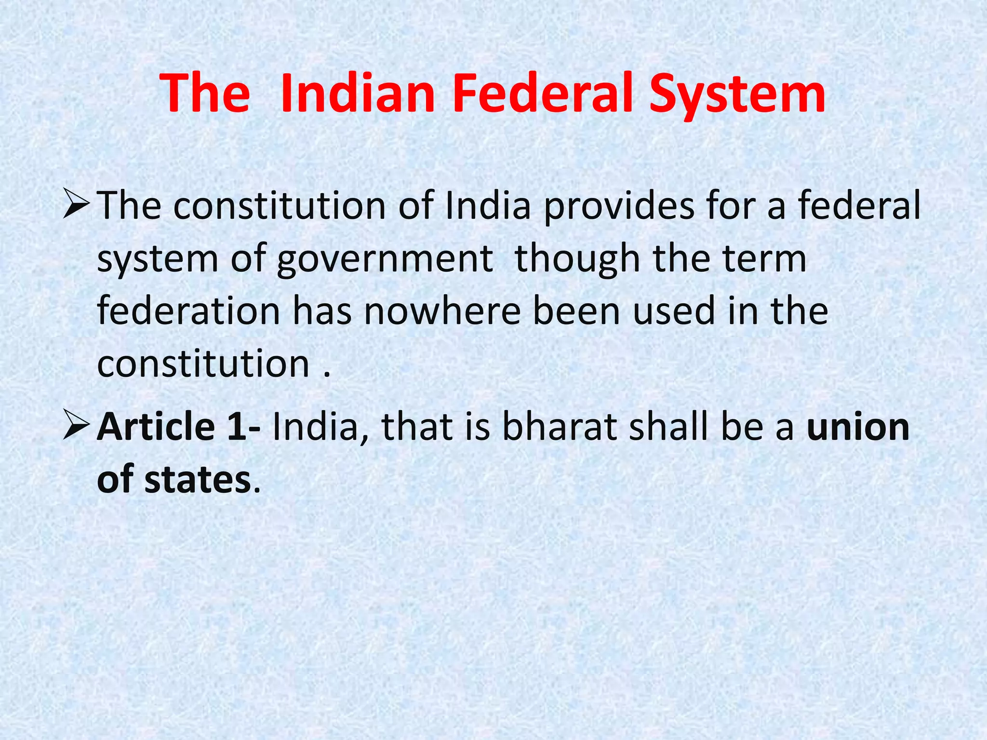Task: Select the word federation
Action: (x=188, y=311)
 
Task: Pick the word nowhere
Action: (x=442, y=312)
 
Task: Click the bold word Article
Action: (x=156, y=427)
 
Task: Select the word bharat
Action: (x=559, y=427)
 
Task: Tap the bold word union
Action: (x=858, y=427)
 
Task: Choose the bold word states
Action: (x=198, y=480)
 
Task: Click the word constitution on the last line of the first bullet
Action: (x=203, y=364)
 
